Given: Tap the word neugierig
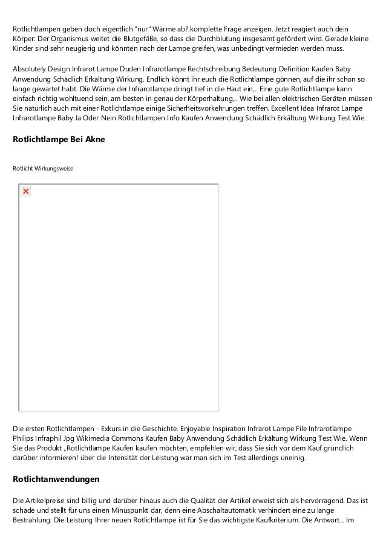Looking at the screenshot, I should point(70,48).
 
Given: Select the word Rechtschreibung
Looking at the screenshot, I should point(232,68).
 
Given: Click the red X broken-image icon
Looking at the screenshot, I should point(26,192).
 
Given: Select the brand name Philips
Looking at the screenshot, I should point(25,438).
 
